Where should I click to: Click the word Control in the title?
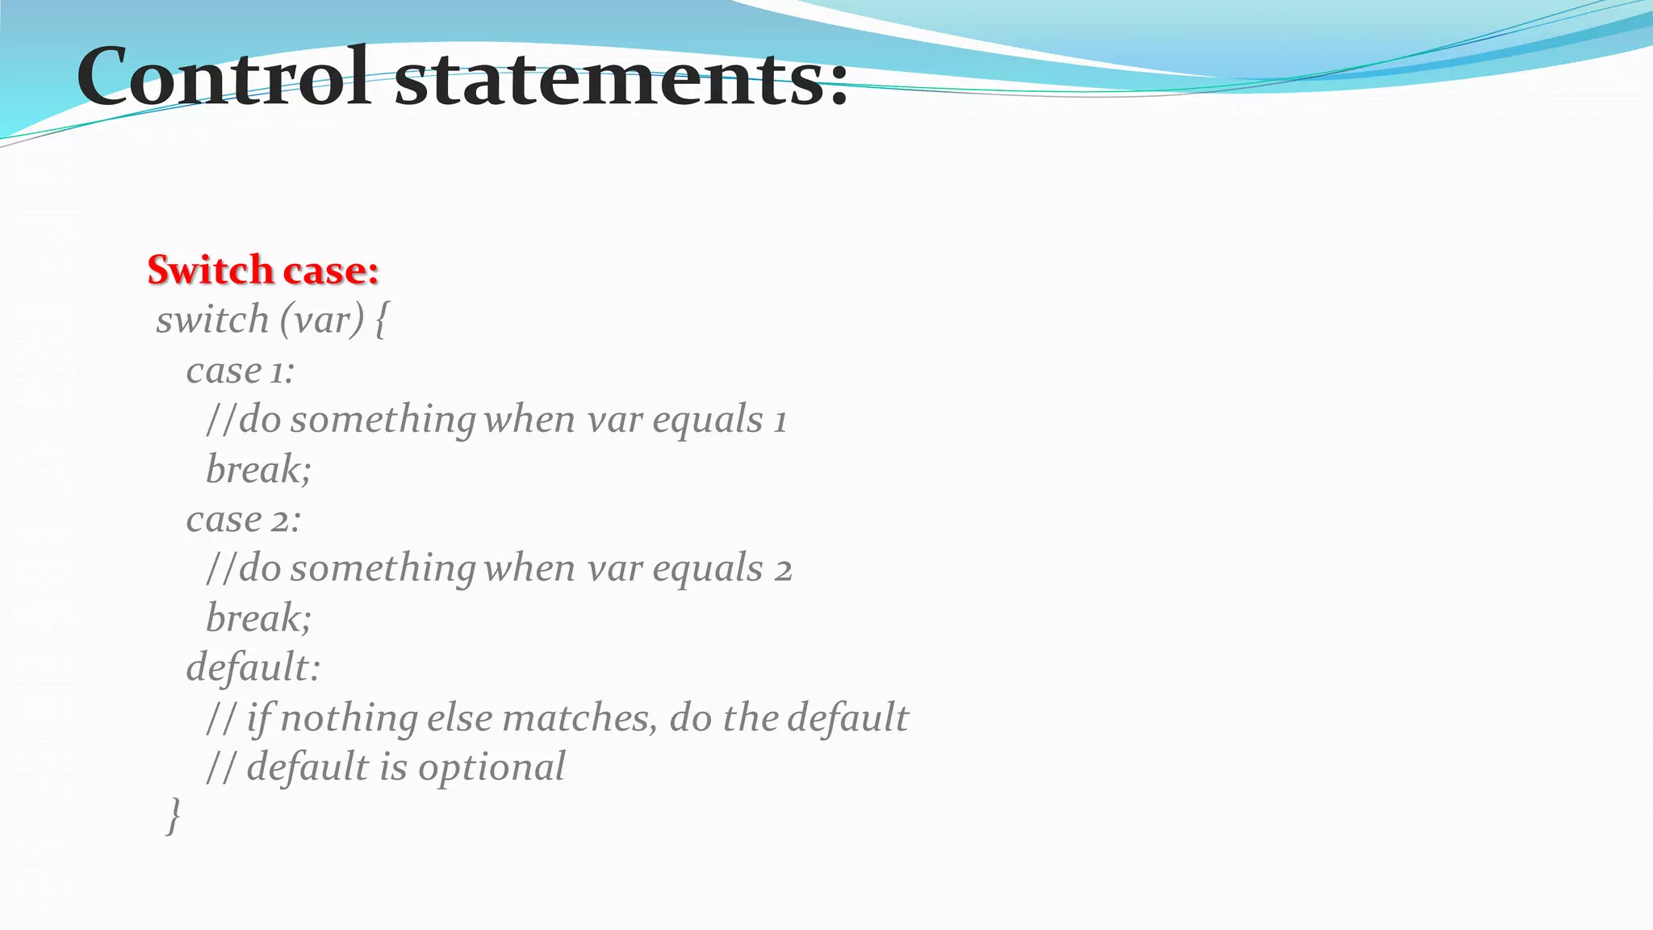click(x=224, y=77)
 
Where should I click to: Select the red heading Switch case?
click(x=263, y=270)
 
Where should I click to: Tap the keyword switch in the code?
click(x=212, y=320)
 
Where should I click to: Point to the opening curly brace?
click(x=381, y=320)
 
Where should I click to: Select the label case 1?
click(x=240, y=371)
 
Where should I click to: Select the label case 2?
click(x=243, y=519)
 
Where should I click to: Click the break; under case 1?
click(x=258, y=469)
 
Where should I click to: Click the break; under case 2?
click(x=258, y=618)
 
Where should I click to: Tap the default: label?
click(x=253, y=668)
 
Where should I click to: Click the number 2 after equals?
click(x=783, y=570)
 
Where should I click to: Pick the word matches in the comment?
click(x=579, y=718)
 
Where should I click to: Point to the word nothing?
click(x=349, y=718)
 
